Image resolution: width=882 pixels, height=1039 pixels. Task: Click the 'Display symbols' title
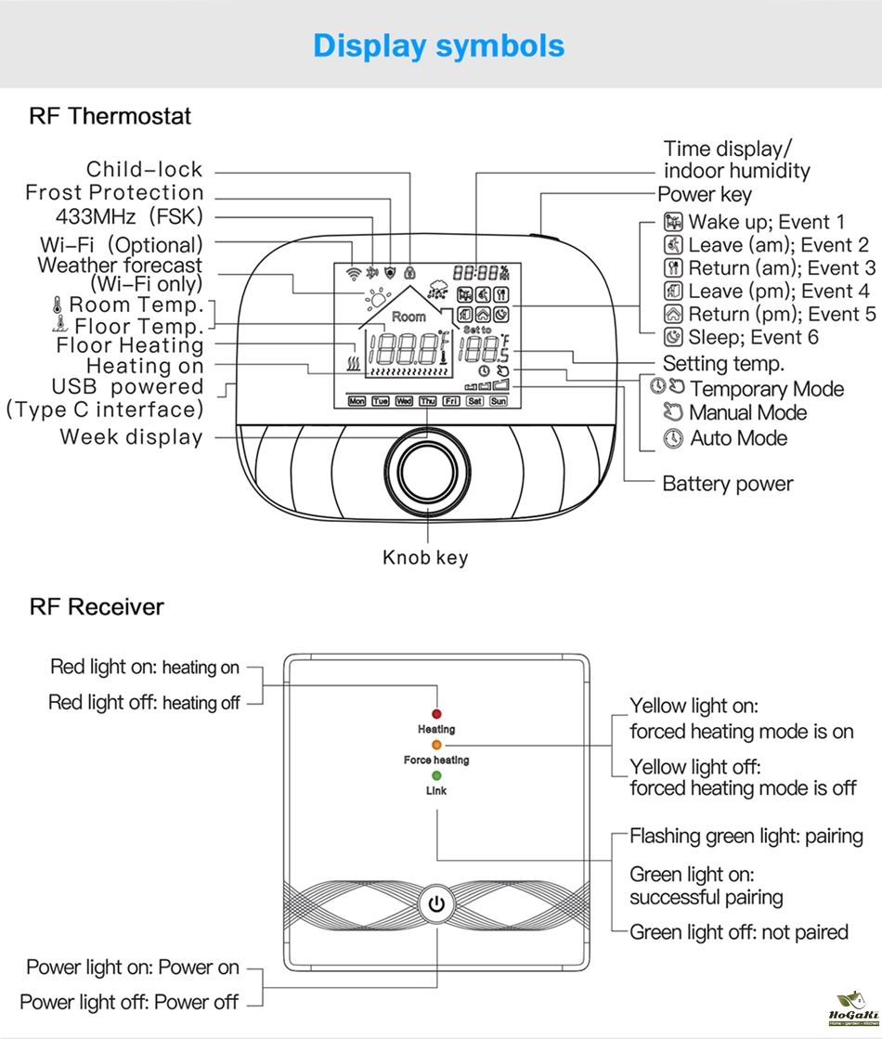(438, 45)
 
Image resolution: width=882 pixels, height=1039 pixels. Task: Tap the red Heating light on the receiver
(436, 715)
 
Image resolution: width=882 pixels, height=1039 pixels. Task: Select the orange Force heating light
(436, 745)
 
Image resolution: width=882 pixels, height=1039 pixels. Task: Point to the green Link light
(436, 776)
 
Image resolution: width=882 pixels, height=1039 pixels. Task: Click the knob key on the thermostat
(428, 468)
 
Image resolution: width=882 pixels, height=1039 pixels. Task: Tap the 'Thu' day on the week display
(427, 401)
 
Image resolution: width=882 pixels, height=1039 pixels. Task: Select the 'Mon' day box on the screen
(357, 401)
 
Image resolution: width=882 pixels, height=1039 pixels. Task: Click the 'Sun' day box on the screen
(499, 401)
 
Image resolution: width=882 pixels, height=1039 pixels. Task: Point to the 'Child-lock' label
(144, 169)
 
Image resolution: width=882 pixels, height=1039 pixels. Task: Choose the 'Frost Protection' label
(114, 193)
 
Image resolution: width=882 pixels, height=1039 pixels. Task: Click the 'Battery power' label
(728, 484)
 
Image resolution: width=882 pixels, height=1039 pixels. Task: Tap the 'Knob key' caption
(425, 558)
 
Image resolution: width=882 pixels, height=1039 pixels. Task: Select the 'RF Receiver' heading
(97, 607)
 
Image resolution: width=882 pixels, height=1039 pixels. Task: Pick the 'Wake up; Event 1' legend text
(766, 222)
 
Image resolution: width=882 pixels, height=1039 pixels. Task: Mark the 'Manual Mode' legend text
(747, 413)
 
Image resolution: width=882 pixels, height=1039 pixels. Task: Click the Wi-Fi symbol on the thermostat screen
(352, 275)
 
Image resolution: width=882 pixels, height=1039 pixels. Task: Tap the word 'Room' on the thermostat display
(409, 317)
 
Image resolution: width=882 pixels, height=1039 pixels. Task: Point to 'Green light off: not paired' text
(739, 932)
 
